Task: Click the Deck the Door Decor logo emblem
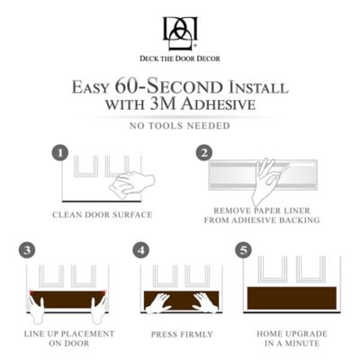(x=179, y=32)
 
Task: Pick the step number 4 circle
(x=140, y=249)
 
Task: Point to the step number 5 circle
(x=244, y=249)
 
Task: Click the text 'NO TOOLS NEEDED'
(x=179, y=125)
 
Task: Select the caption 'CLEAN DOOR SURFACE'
(x=102, y=214)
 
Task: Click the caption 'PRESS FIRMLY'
(x=181, y=334)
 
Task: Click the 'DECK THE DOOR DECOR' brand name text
(x=179, y=58)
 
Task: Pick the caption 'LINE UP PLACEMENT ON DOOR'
(x=67, y=339)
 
